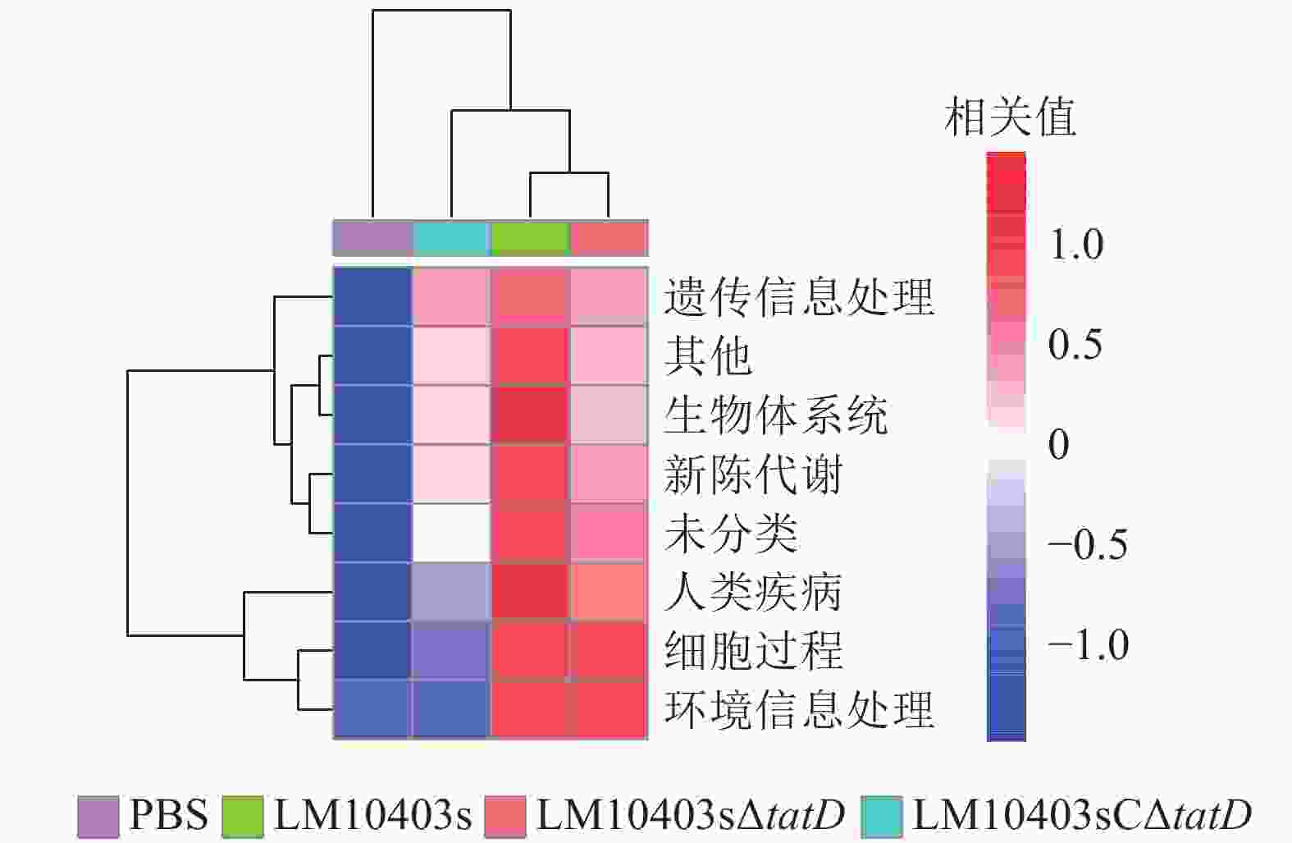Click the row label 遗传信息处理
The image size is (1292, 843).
(798, 297)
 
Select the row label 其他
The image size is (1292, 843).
(707, 356)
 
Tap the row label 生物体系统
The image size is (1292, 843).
(775, 415)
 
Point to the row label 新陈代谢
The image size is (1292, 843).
(752, 474)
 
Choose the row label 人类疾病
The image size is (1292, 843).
(752, 592)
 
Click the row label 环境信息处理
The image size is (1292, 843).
(798, 710)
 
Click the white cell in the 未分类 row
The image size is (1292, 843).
(451, 533)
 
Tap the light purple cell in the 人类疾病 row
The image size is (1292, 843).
(451, 592)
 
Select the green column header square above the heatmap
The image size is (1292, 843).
(530, 238)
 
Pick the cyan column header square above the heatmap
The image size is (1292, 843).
(451, 238)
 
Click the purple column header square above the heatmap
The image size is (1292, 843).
(372, 238)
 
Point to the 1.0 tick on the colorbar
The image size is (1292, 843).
(1075, 245)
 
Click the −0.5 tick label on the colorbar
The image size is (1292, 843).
(1087, 545)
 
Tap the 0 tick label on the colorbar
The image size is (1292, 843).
(1059, 445)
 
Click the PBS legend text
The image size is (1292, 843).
(168, 815)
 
